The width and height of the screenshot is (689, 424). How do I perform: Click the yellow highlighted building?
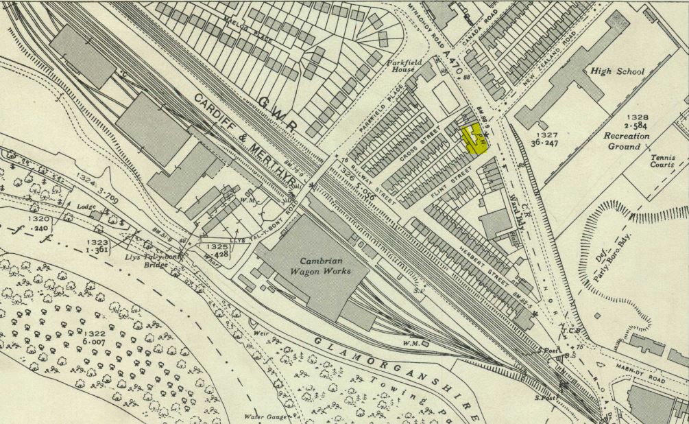pos(474,137)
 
